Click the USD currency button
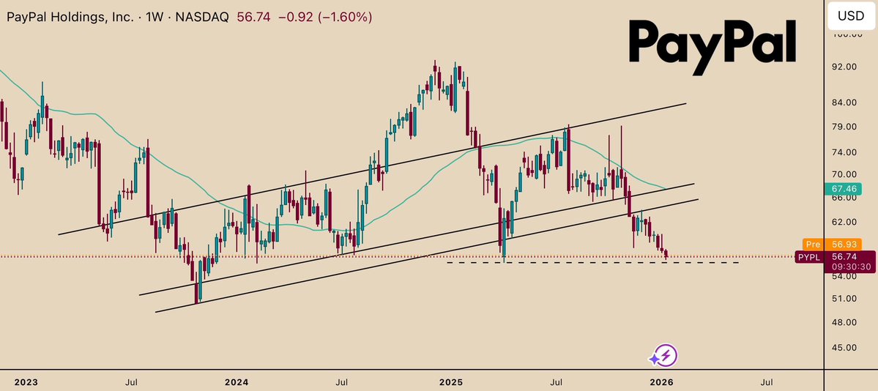850,15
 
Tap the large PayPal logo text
712,43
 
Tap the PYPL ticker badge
810,257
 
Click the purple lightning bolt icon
663,357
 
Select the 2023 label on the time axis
26,381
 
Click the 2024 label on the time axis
237,381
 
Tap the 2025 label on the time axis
451,381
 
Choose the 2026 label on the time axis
662,381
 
